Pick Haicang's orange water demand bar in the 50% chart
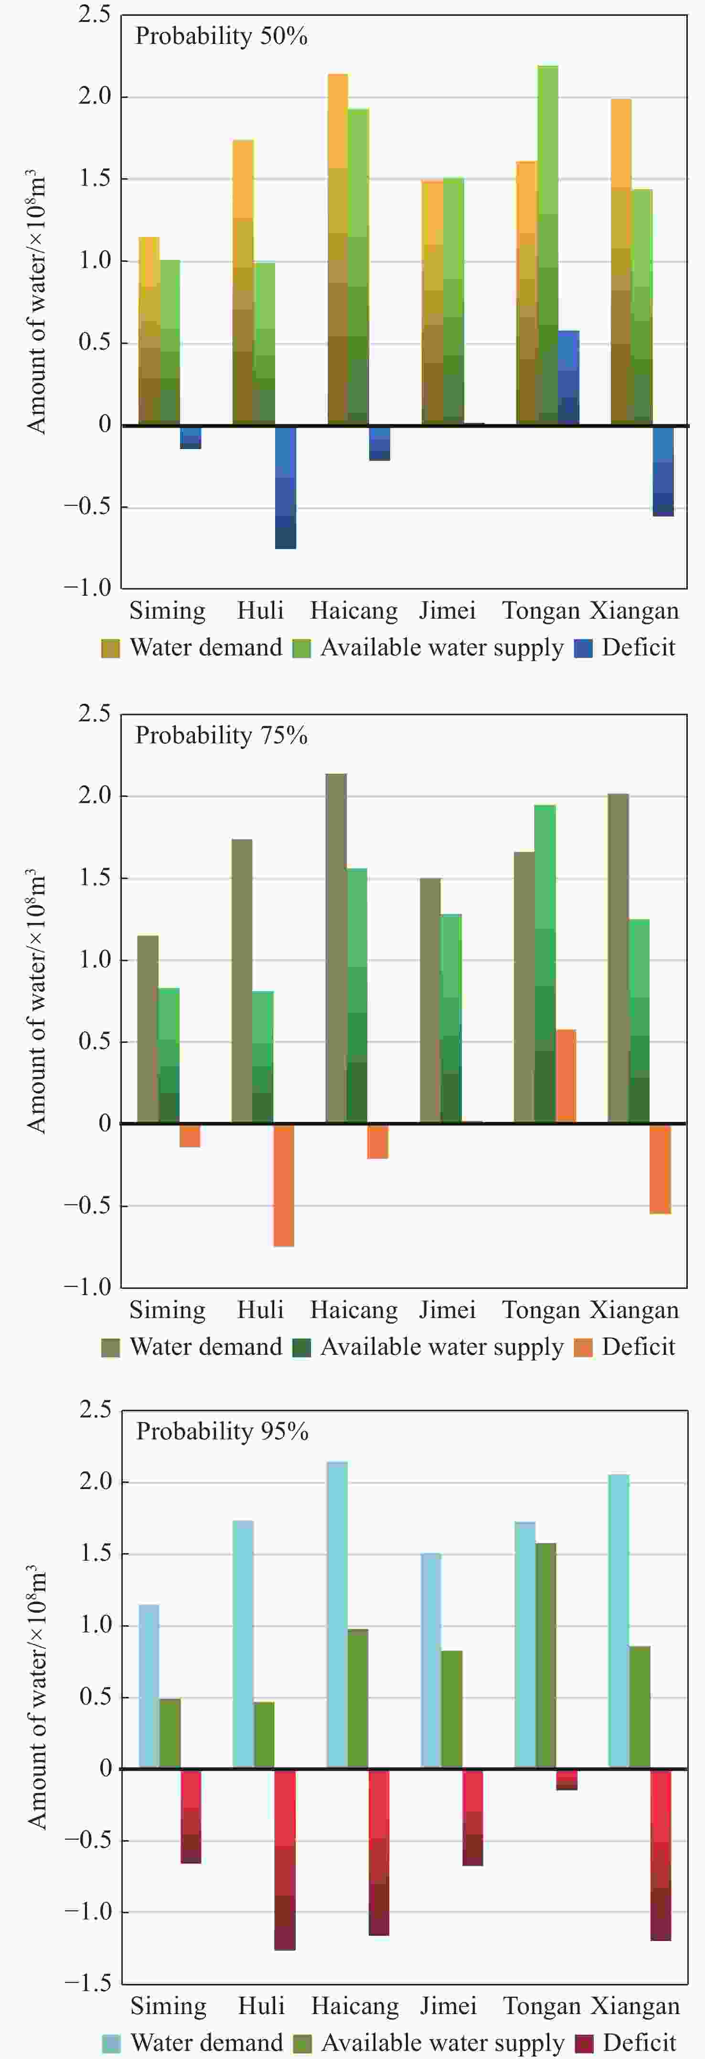tap(337, 248)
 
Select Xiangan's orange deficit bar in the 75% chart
tap(660, 1169)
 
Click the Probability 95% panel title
tap(222, 1431)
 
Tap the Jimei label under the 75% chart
tap(448, 1310)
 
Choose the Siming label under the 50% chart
tap(167, 611)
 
